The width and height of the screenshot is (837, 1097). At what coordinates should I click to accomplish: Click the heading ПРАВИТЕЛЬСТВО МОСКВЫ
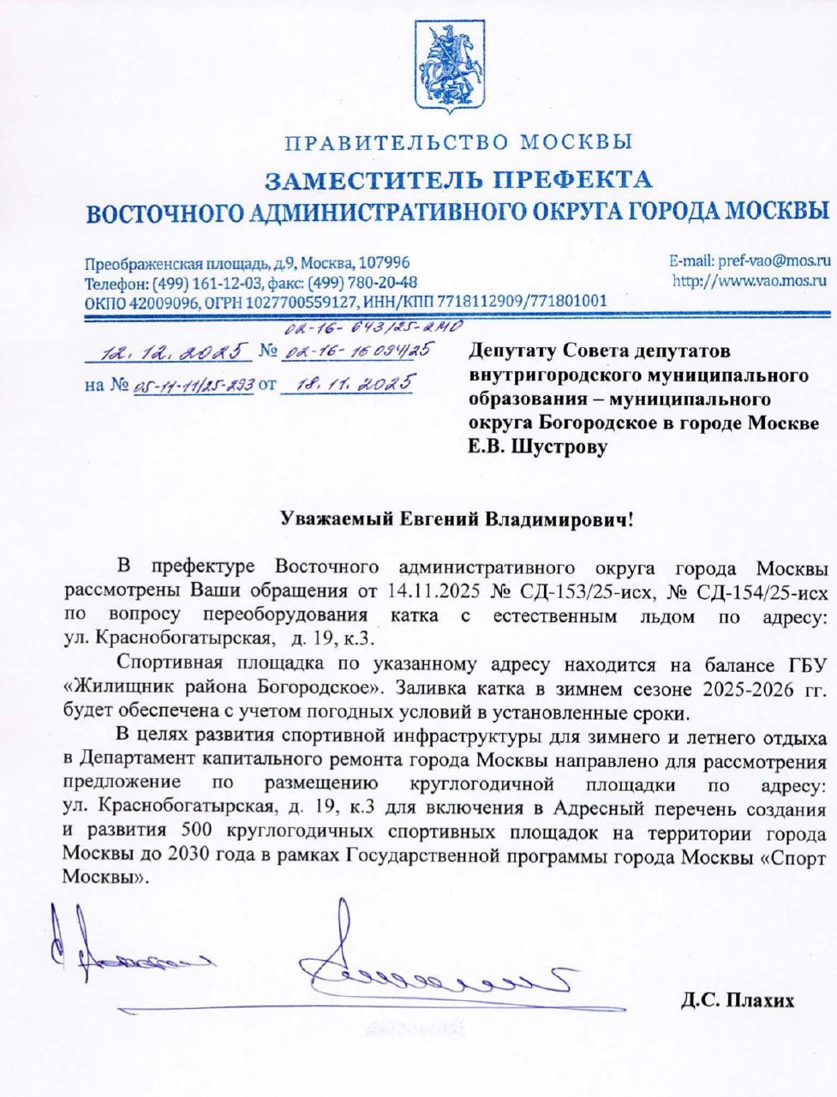click(x=458, y=142)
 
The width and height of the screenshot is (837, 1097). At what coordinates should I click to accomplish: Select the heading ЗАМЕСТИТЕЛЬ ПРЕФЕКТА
click(x=457, y=180)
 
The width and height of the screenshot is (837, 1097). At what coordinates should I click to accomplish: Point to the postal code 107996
click(x=384, y=263)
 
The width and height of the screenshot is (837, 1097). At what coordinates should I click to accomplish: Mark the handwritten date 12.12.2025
click(x=171, y=350)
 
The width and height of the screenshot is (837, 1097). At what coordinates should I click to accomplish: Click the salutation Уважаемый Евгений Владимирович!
click(x=457, y=519)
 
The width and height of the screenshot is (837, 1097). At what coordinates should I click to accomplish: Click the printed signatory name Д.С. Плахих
click(x=738, y=1000)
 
